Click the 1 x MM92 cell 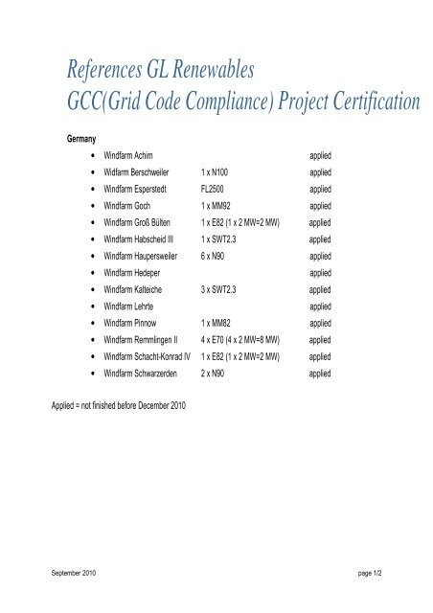point(218,206)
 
